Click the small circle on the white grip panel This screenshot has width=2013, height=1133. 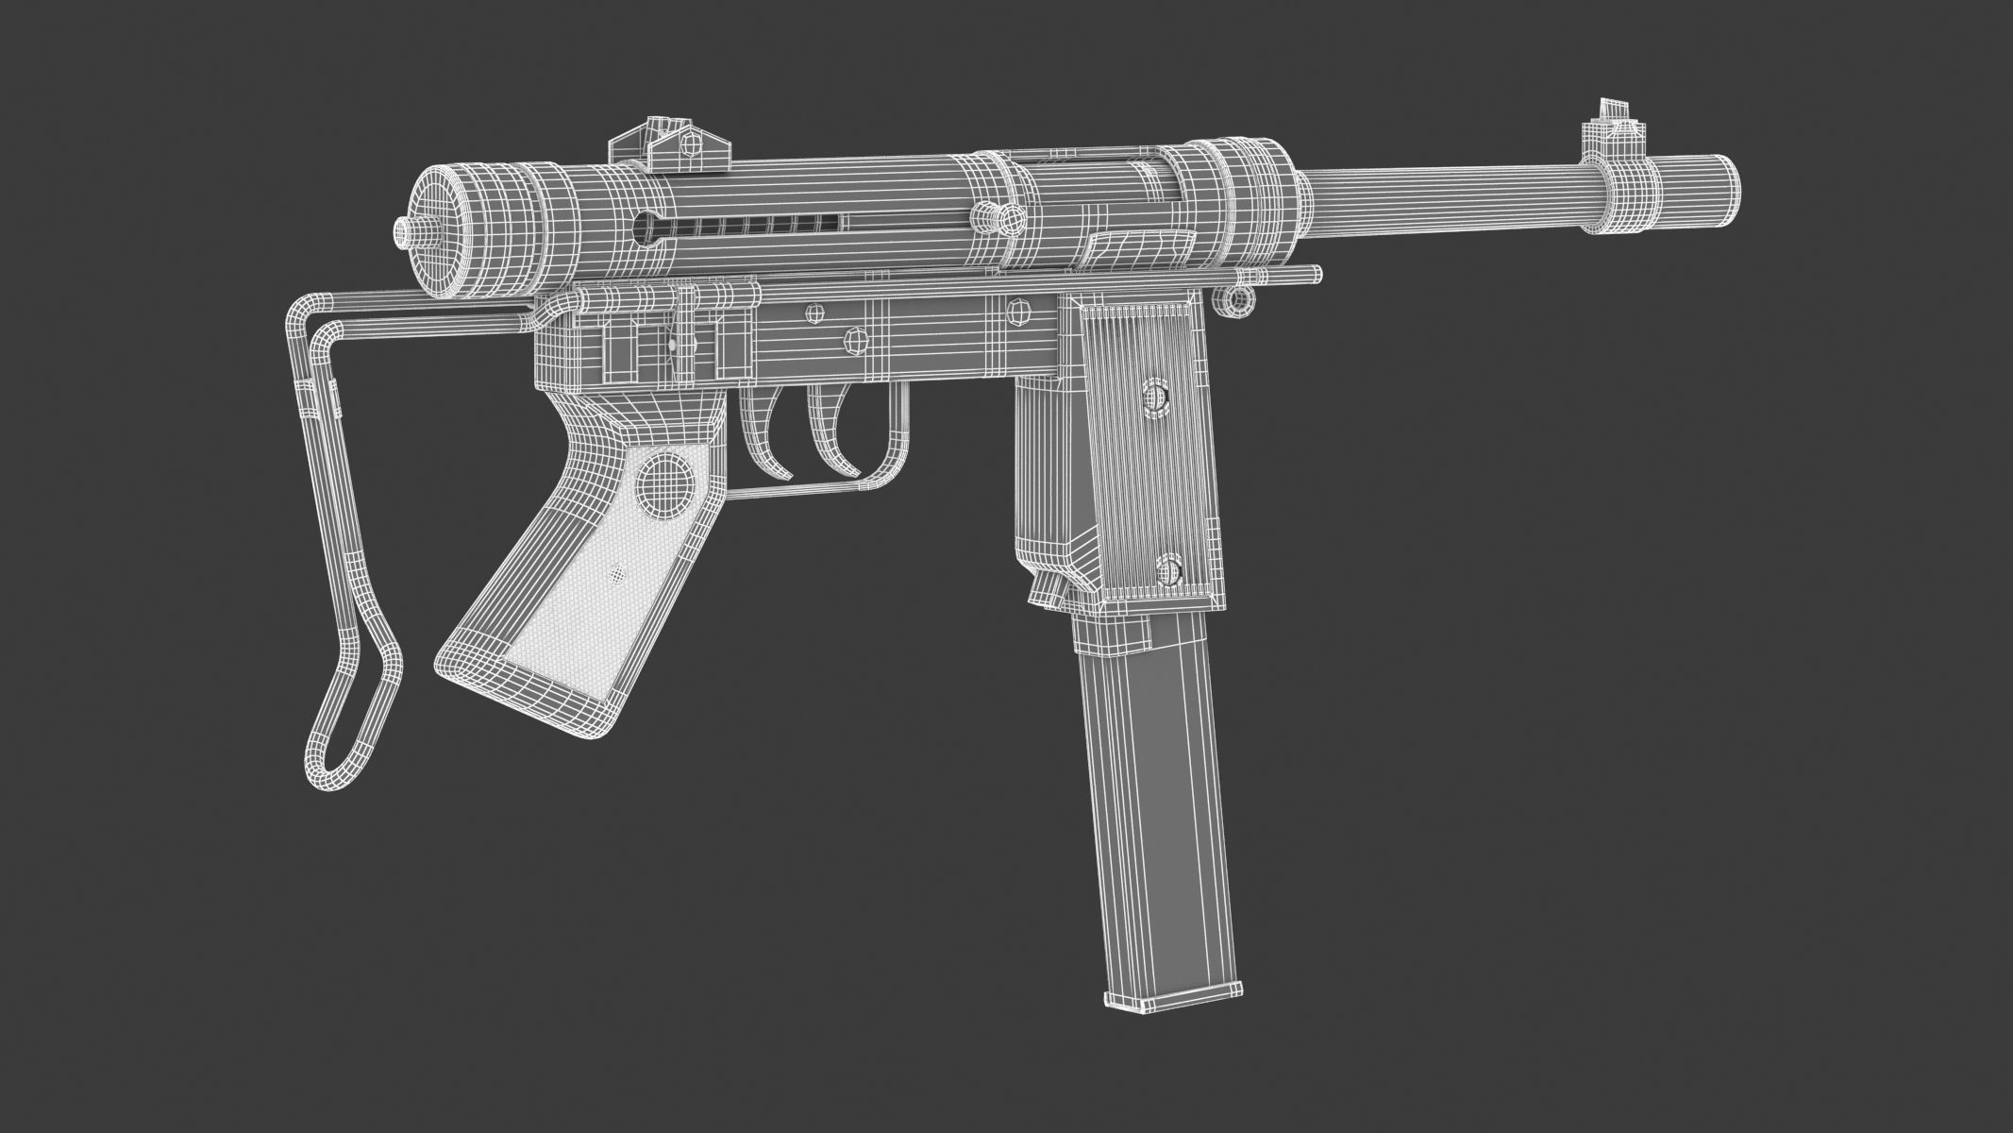pyautogui.click(x=618, y=572)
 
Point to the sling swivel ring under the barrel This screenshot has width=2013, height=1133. pyautogui.click(x=1234, y=298)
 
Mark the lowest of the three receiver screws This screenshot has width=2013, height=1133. pyautogui.click(x=854, y=337)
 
